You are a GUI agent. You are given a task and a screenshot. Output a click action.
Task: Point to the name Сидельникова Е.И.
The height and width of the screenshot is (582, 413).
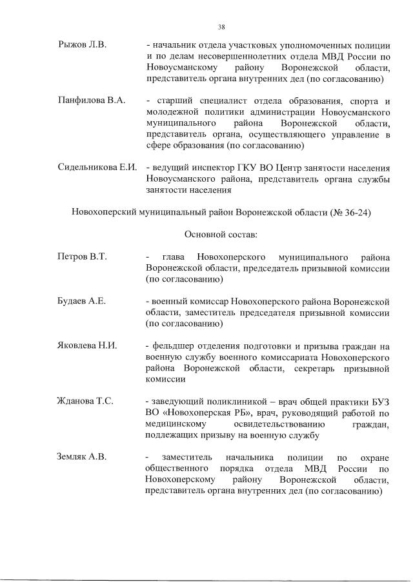point(97,168)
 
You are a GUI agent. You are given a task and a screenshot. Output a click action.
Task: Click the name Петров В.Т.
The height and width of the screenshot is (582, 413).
point(82,257)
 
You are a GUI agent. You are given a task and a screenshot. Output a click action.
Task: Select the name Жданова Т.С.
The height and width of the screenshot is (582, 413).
point(86,401)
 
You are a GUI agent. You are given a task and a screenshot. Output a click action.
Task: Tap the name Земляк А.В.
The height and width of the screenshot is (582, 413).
point(82,457)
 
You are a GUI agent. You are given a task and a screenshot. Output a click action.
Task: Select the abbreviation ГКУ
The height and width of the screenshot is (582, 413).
point(256,168)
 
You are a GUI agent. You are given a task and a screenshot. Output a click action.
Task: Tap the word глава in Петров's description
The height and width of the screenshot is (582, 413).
point(175,257)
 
